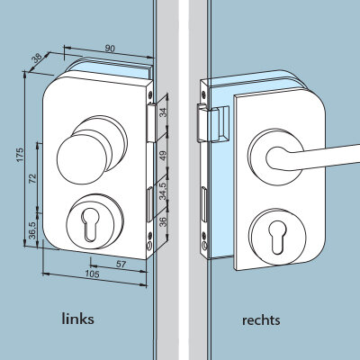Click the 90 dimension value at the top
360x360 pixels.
click(110, 49)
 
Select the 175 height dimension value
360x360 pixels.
click(20, 155)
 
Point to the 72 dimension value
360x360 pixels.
click(32, 178)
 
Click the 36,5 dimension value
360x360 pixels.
click(32, 230)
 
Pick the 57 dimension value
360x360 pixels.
click(121, 265)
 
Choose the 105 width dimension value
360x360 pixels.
click(92, 274)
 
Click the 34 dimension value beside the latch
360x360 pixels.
click(163, 112)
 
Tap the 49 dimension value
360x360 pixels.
click(163, 156)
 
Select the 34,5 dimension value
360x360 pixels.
click(163, 191)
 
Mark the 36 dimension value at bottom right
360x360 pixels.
click(162, 222)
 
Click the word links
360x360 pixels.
click(77, 319)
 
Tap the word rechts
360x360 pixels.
click(261, 320)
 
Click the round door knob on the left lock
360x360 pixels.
click(82, 159)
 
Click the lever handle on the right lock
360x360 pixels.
click(312, 157)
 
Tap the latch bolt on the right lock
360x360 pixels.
click(204, 122)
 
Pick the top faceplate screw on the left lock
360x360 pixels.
click(149, 95)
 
